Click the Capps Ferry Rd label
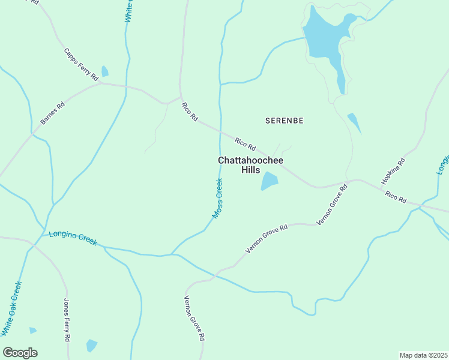coord(80,64)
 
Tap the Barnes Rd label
coord(52,113)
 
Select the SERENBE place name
coord(284,121)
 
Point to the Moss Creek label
coord(217,198)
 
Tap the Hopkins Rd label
coord(393,172)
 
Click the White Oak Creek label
coord(11,308)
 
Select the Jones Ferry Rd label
coord(67,320)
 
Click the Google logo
coord(20,353)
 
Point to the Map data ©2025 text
coord(423,355)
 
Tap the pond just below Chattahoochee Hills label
coord(270,181)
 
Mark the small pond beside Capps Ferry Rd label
coord(105,71)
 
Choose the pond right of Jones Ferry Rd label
coord(91,346)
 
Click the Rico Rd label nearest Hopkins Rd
coord(396,196)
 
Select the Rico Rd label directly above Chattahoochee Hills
coord(246,144)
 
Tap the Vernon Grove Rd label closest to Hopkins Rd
coord(332,205)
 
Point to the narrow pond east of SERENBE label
coord(354,122)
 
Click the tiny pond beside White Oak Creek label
coord(32,330)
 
